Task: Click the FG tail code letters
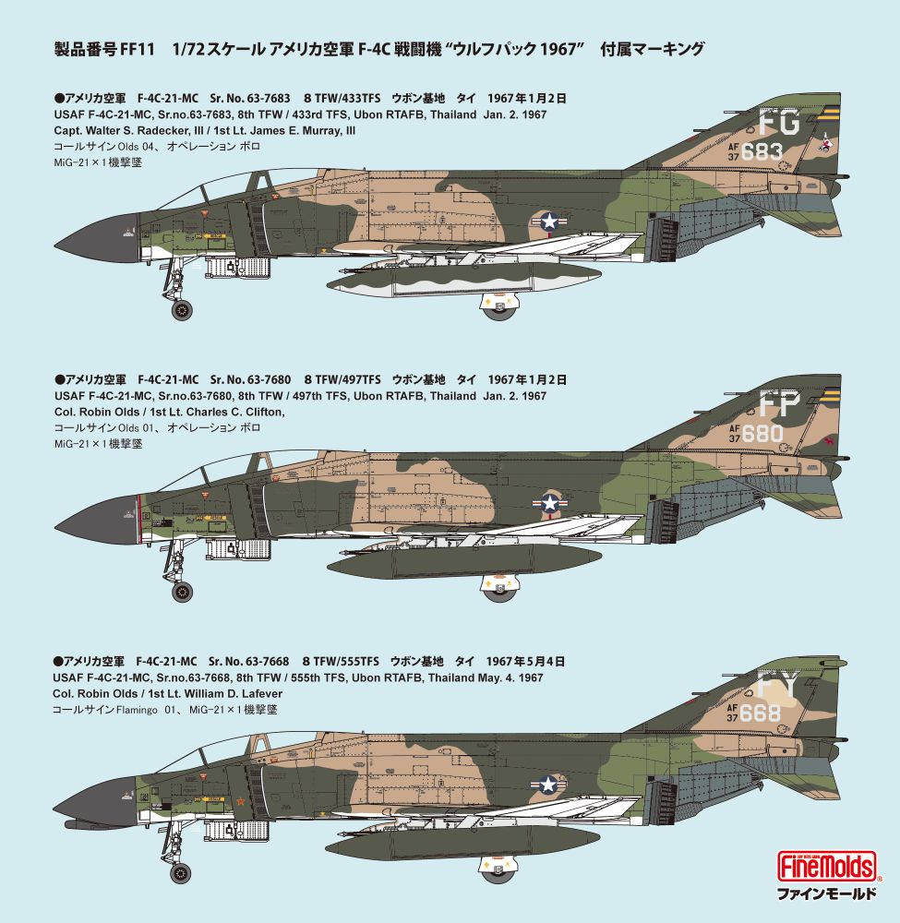pyautogui.click(x=779, y=122)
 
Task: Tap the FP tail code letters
pyautogui.click(x=779, y=404)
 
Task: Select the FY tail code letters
pyautogui.click(x=777, y=685)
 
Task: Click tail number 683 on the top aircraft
pyautogui.click(x=762, y=152)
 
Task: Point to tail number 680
pyautogui.click(x=762, y=434)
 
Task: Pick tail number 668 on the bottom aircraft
pyautogui.click(x=760, y=713)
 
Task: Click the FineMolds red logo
pyautogui.click(x=827, y=867)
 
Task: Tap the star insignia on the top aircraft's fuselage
pyautogui.click(x=548, y=222)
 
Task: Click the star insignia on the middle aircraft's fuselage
pyautogui.click(x=550, y=503)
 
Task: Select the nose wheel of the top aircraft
pyautogui.click(x=182, y=309)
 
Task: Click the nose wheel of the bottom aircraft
pyautogui.click(x=180, y=872)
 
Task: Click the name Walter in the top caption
pyautogui.click(x=104, y=131)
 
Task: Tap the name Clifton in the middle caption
pyautogui.click(x=266, y=413)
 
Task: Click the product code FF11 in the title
pyautogui.click(x=137, y=50)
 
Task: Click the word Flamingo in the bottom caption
pyautogui.click(x=137, y=710)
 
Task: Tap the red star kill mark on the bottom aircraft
pyautogui.click(x=240, y=800)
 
